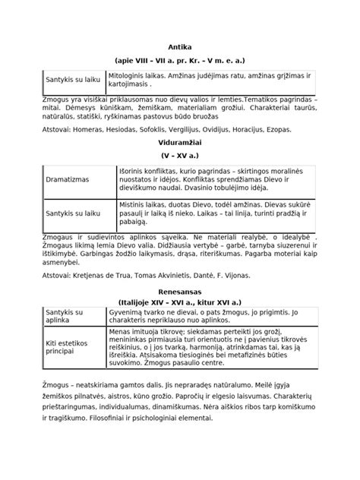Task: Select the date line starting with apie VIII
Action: [x=180, y=59]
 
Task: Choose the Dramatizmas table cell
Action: [x=68, y=179]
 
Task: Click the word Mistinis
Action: [x=132, y=204]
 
